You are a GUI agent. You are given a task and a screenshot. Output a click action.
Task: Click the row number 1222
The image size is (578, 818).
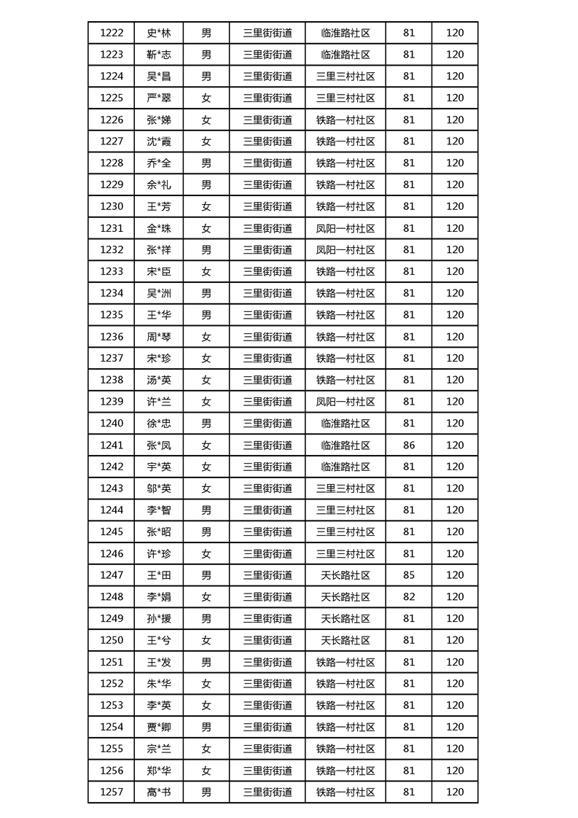[x=112, y=33]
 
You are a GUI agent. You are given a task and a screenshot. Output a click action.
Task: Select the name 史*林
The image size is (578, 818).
[x=159, y=33]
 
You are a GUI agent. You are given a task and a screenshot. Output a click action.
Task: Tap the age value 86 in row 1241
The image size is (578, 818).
[x=408, y=445]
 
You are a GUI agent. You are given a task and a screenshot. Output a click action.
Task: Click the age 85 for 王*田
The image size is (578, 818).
[x=408, y=575]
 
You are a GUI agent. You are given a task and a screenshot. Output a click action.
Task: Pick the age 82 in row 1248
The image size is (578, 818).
[x=408, y=597]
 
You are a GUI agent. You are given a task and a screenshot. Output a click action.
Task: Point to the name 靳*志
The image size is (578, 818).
[x=159, y=55]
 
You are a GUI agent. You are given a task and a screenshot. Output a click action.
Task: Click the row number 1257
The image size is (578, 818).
[x=112, y=792]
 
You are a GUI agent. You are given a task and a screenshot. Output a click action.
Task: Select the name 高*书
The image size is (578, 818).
[x=159, y=792]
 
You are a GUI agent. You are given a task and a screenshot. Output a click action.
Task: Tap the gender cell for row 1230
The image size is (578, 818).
[x=206, y=206]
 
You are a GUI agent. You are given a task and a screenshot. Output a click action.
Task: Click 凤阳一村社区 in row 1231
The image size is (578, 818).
[x=345, y=228]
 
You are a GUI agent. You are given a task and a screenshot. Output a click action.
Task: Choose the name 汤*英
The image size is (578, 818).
[x=159, y=380]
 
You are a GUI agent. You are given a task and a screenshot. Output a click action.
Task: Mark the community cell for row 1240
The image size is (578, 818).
[x=345, y=423]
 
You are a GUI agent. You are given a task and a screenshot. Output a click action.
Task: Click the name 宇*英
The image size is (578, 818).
[x=159, y=467]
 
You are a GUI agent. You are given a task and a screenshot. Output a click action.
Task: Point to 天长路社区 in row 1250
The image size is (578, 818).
[x=345, y=640]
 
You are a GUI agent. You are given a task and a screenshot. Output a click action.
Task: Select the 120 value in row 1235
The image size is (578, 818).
[x=455, y=315]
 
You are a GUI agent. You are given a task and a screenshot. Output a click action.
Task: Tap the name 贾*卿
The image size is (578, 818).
[x=159, y=727]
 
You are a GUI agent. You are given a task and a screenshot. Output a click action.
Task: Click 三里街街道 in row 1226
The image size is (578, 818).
[x=267, y=120]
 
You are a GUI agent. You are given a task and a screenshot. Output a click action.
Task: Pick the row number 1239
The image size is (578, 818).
[x=112, y=402]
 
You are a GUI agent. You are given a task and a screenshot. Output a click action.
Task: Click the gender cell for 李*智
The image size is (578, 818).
[x=206, y=510]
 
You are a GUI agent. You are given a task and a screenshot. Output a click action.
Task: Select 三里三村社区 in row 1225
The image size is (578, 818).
[x=345, y=98]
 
